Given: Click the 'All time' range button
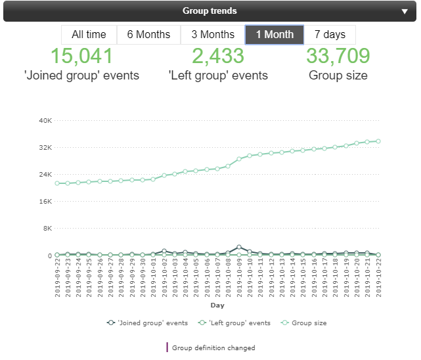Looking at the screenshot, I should click(x=89, y=35).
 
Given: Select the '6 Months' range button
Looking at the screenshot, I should click(x=148, y=35).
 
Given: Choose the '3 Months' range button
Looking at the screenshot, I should click(x=213, y=35).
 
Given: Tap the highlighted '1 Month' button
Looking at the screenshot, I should click(x=275, y=35).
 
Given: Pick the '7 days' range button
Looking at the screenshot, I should click(x=330, y=35).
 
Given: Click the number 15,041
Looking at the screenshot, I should click(x=82, y=56).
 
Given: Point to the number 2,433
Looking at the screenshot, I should click(x=218, y=56).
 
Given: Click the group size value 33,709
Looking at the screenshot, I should click(x=338, y=56).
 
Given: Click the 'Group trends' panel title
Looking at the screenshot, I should click(x=210, y=11).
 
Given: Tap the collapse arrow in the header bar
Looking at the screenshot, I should click(x=405, y=11).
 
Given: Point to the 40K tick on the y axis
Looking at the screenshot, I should click(x=45, y=120).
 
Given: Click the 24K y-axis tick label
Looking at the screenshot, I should click(x=45, y=174).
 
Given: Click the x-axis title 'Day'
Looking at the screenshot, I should click(x=217, y=305).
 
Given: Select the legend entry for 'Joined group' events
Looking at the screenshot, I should click(x=147, y=323).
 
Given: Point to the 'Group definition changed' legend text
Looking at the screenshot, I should click(x=213, y=348).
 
